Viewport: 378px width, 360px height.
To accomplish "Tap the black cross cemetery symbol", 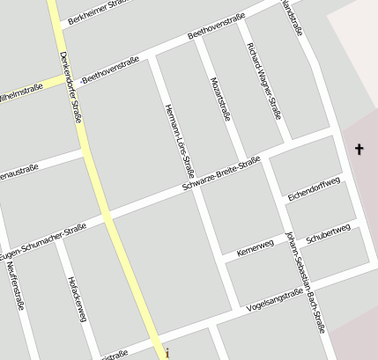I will point(359,150).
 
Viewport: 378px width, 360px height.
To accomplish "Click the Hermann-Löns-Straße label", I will point(179,139).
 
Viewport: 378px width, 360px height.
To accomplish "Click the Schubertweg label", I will point(328,233).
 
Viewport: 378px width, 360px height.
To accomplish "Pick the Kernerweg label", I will point(256,248).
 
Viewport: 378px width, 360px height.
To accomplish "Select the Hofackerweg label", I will point(76,299).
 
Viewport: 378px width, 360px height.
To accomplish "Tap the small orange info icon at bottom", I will point(167,354).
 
